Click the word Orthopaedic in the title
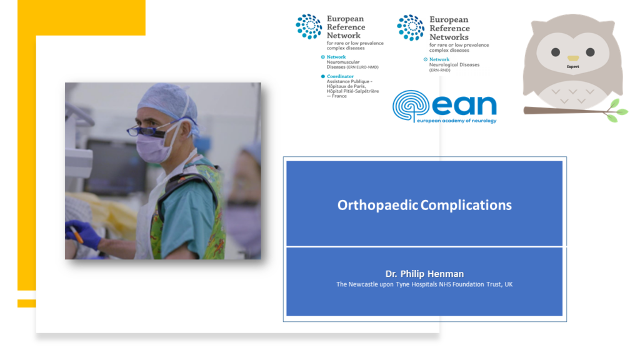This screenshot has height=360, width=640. click(377, 205)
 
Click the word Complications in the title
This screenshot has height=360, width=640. click(466, 205)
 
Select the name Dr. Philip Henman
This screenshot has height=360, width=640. click(424, 274)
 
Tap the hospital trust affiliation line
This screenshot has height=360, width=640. click(424, 284)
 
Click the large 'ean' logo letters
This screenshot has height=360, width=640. click(464, 105)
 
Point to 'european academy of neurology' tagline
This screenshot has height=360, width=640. click(457, 121)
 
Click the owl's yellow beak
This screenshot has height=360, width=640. click(573, 58)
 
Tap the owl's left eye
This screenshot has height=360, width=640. click(556, 52)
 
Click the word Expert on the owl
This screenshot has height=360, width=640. click(573, 66)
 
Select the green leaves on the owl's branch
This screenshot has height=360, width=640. click(616, 111)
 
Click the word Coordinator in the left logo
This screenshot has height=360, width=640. click(340, 76)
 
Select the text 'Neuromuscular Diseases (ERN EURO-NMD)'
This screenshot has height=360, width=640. click(352, 64)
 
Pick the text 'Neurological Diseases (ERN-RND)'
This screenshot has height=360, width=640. click(454, 67)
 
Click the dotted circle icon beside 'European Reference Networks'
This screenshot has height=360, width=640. click(411, 27)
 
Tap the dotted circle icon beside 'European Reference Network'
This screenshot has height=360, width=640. click(309, 26)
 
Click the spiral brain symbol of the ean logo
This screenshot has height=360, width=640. click(411, 106)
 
